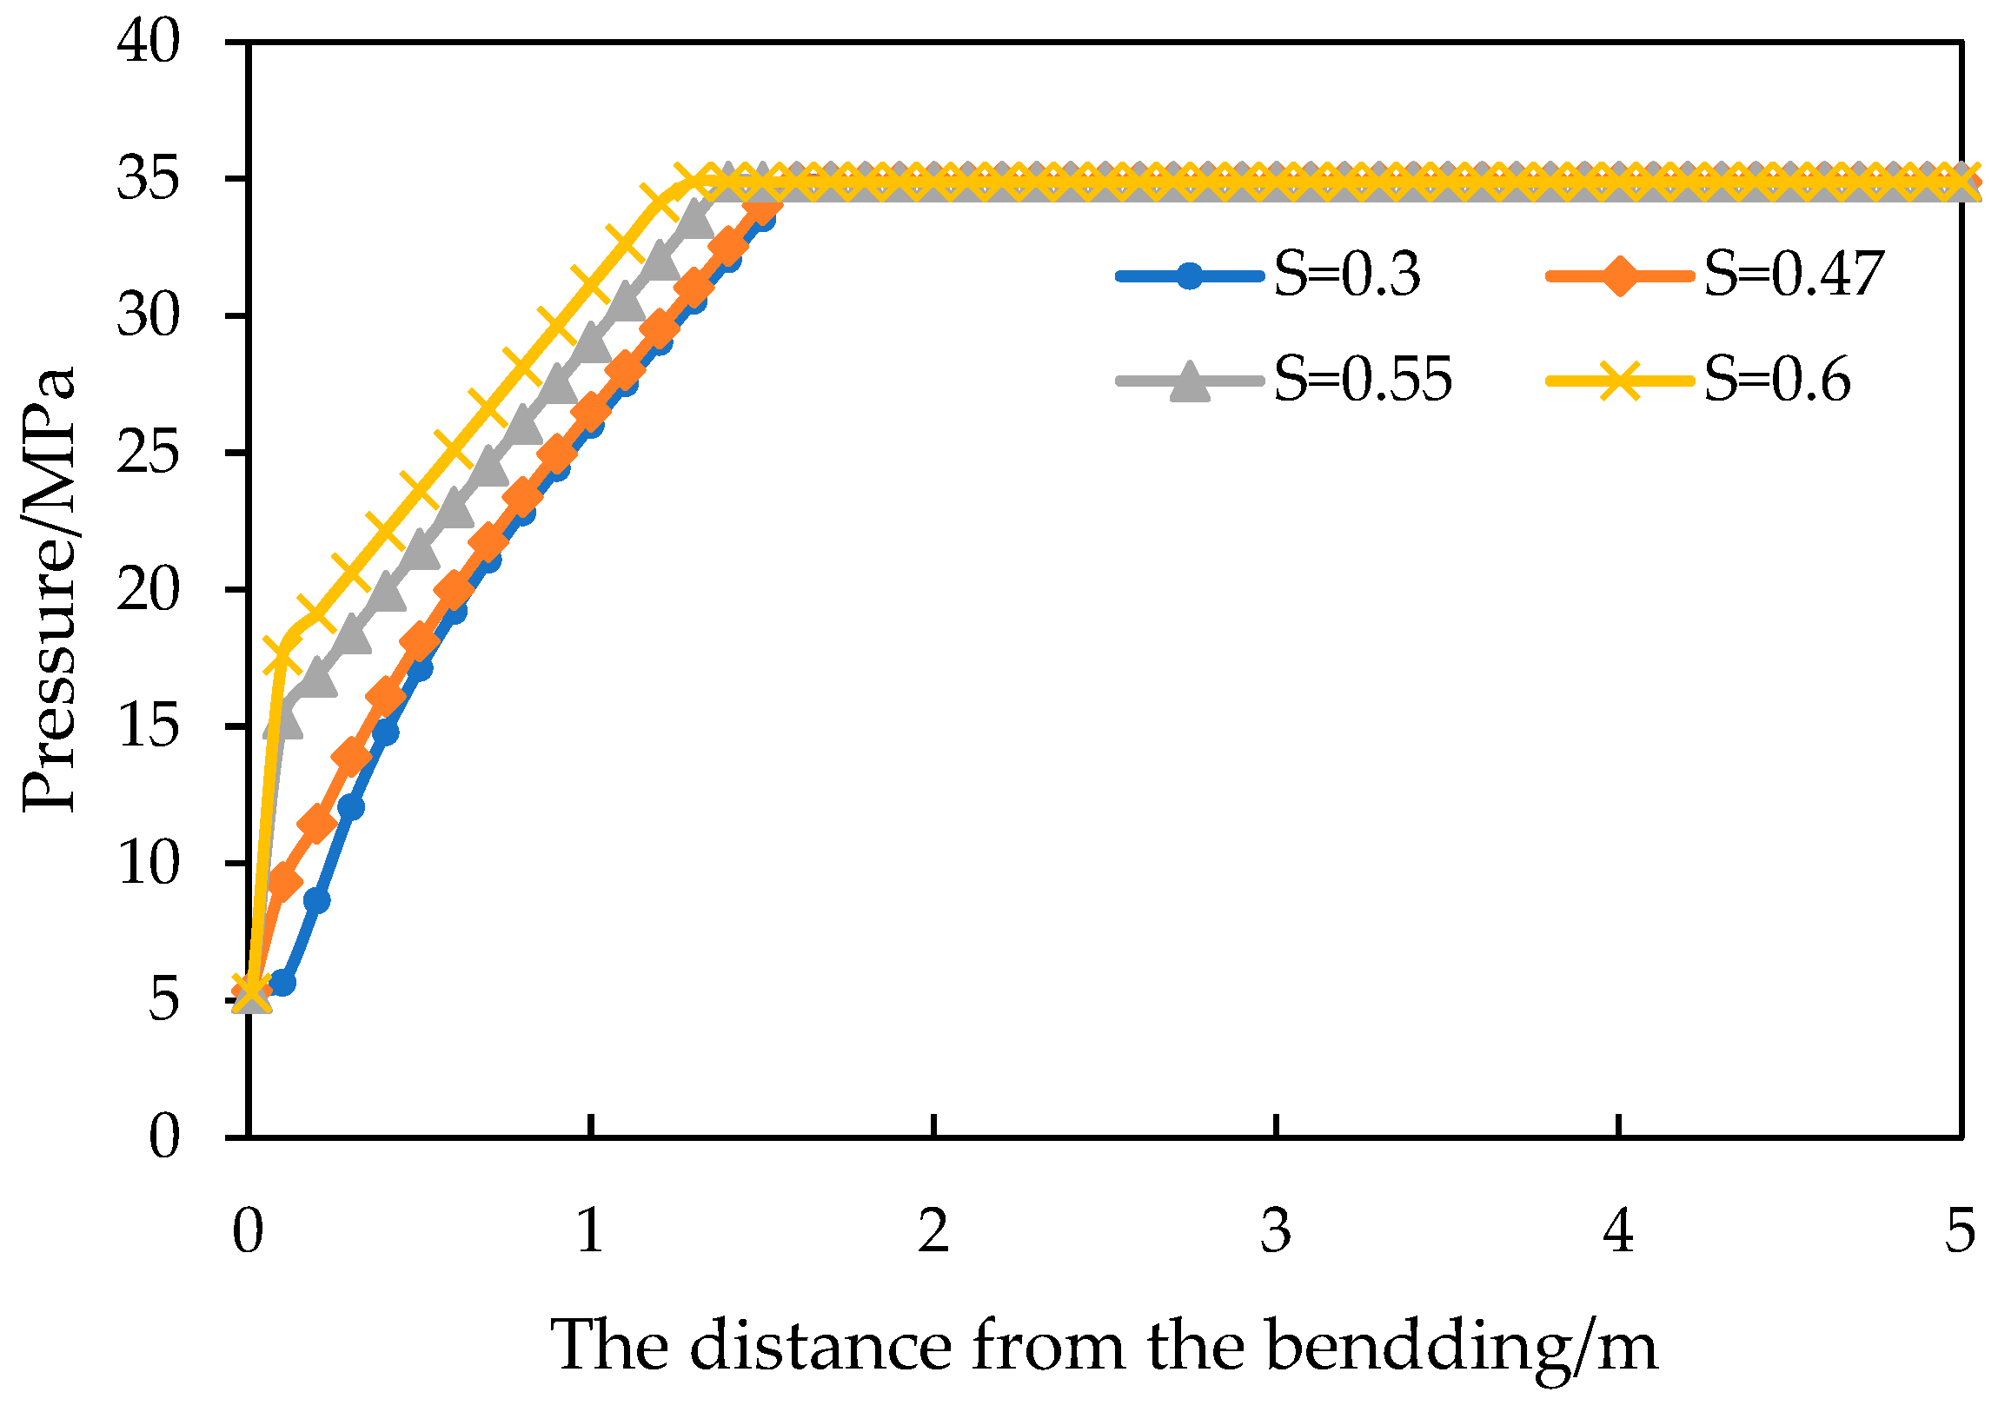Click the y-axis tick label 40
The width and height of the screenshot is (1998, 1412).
pyautogui.click(x=148, y=42)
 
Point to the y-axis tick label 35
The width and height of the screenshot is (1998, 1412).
pyautogui.click(x=148, y=178)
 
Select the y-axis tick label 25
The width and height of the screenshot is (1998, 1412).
pyautogui.click(x=148, y=453)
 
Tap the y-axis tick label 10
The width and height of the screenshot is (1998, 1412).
pyautogui.click(x=148, y=863)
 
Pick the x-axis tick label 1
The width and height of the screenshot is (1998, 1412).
pyautogui.click(x=591, y=1232)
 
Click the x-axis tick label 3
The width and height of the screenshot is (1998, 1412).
pyautogui.click(x=1276, y=1232)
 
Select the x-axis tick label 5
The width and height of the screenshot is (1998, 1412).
pyautogui.click(x=1961, y=1232)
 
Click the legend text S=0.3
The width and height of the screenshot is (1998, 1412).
pyautogui.click(x=1347, y=275)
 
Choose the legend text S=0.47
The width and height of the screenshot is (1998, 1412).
pyautogui.click(x=1794, y=275)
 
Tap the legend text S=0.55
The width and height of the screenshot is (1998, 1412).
pyautogui.click(x=1363, y=381)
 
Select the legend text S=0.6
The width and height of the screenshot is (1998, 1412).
pyautogui.click(x=1777, y=381)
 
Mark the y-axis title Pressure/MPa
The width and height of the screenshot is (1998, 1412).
pyautogui.click(x=50, y=590)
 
